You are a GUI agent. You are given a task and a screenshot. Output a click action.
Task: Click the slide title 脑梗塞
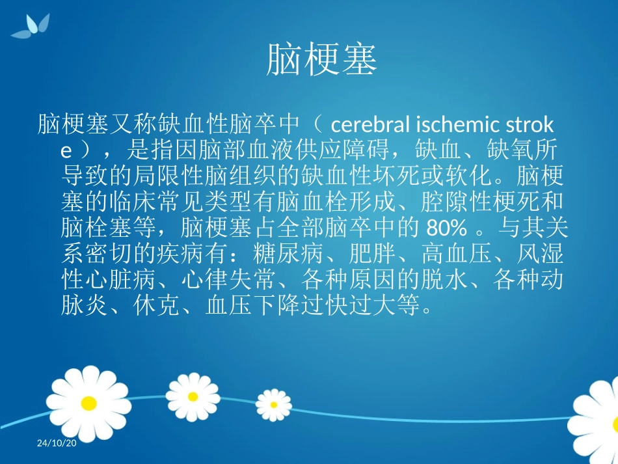[x=322, y=61]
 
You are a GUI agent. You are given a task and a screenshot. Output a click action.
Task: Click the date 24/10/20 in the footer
[x=57, y=443]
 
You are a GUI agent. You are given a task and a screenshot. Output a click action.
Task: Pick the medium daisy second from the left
[x=193, y=396]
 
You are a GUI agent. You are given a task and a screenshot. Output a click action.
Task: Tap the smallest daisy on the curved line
[x=273, y=405]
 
